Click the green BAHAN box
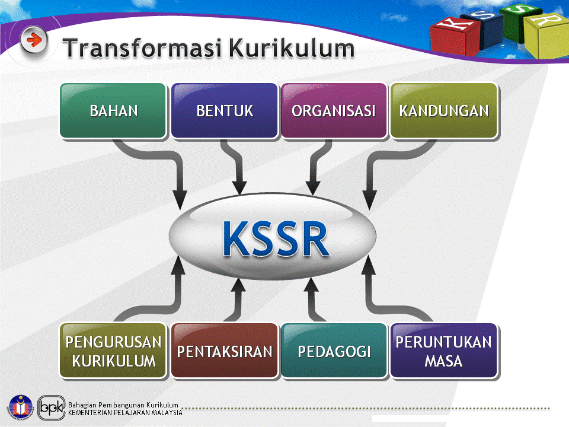coord(113,111)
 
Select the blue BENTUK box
coord(225,111)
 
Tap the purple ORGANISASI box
coord(334,111)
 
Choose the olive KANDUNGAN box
coord(444,111)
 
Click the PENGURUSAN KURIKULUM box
coord(113,351)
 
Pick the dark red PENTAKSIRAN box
coord(225,351)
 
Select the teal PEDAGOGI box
coord(334,351)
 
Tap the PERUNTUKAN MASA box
coord(444,351)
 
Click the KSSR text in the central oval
coord(276,238)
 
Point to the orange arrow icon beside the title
coord(34,40)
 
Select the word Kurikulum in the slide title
coord(292,48)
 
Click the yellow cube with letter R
coord(546,36)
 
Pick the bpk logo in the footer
coord(52,408)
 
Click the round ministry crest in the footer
coord(21,407)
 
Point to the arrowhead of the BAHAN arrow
coord(180,199)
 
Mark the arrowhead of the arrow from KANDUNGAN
coord(369,199)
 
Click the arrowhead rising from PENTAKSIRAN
coord(238,285)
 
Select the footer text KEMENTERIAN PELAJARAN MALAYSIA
coord(125,413)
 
